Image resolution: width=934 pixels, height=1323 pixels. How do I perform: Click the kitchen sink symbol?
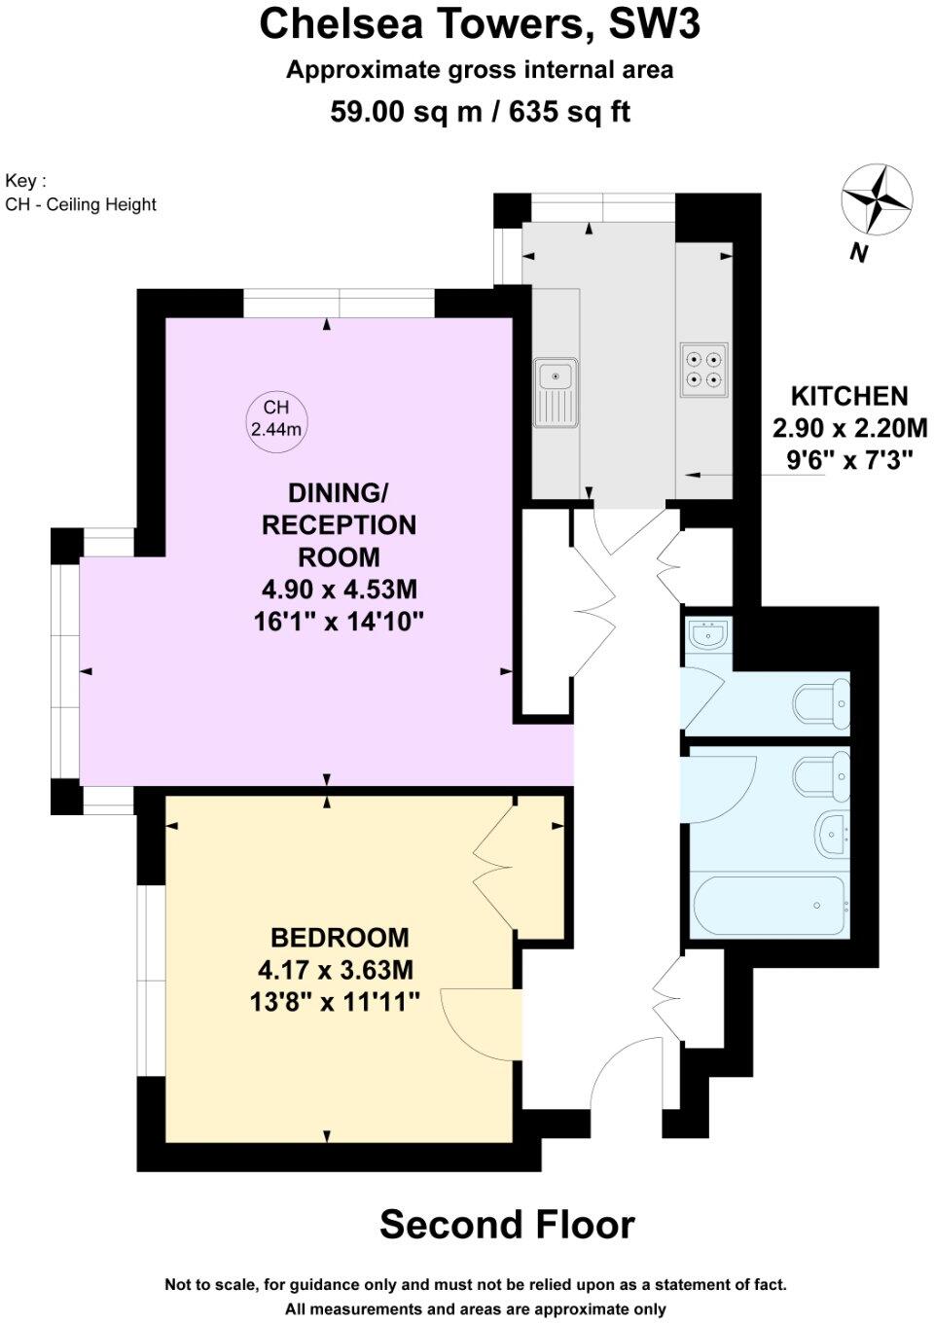(556, 392)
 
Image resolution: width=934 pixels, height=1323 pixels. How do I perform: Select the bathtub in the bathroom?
(769, 905)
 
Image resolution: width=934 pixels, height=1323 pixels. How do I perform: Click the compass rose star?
(878, 199)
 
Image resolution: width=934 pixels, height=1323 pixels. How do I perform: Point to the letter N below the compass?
(858, 253)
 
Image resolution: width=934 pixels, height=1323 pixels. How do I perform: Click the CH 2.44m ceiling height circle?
(276, 418)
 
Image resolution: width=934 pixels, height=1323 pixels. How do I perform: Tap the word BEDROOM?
(340, 938)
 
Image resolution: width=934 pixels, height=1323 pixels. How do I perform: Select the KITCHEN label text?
(849, 396)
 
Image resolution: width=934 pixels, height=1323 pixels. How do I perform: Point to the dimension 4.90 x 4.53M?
(340, 590)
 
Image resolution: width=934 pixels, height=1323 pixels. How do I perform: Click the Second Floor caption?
(506, 1225)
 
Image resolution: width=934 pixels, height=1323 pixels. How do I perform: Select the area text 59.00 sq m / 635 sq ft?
(480, 112)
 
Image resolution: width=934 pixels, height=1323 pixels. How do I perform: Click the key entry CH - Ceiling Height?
(81, 204)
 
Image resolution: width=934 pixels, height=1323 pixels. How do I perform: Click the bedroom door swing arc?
(477, 1021)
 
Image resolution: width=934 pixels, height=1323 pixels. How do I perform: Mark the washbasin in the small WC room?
(708, 635)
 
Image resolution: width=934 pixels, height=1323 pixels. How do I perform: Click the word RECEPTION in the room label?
(340, 525)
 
